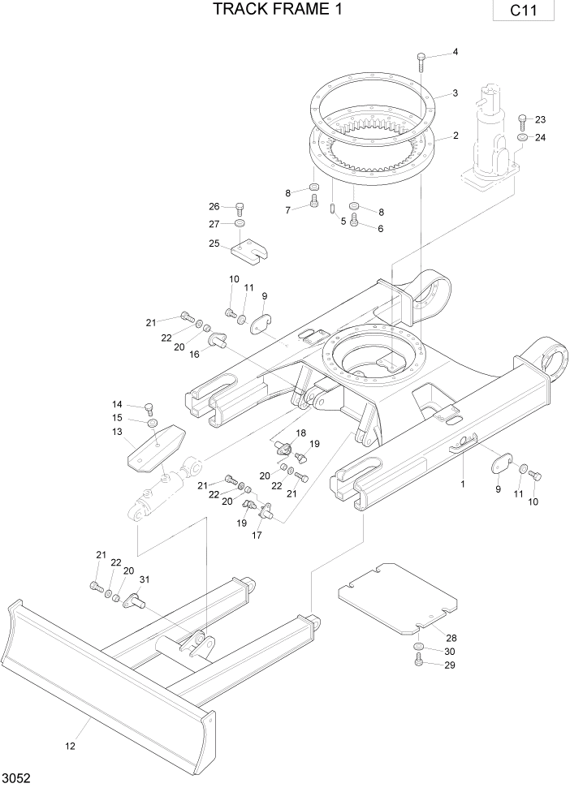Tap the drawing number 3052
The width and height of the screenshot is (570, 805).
(x=17, y=778)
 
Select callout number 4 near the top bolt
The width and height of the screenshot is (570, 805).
(x=455, y=52)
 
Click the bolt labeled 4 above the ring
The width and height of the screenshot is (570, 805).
(x=421, y=62)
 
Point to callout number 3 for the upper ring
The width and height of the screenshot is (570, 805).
(x=456, y=93)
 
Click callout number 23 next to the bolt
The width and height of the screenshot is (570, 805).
(x=541, y=120)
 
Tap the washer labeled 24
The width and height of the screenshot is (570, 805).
(x=521, y=137)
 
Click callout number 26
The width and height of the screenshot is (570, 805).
(x=214, y=205)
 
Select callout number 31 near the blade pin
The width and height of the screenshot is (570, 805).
(x=145, y=579)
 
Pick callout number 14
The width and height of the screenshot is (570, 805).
(x=117, y=403)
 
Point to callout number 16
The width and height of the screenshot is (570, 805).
(x=195, y=355)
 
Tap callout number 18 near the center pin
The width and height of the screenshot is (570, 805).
(x=300, y=433)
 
